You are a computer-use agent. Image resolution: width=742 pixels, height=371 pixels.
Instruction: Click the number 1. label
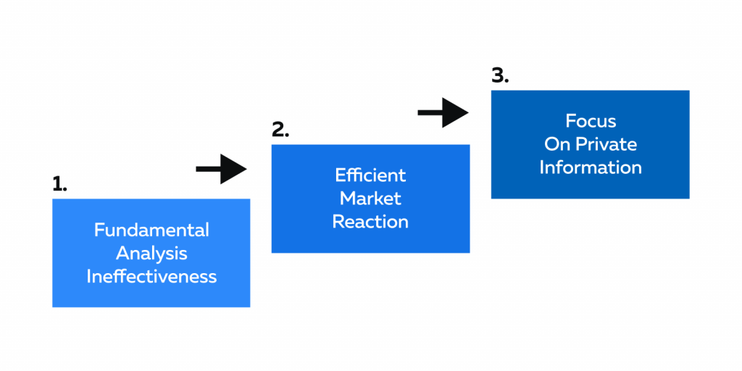[59, 184]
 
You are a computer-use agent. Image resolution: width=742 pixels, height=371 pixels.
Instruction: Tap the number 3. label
[500, 75]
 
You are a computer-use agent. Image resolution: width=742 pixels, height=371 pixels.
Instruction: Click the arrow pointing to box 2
[221, 169]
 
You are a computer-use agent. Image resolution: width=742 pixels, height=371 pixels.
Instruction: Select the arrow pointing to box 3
[443, 112]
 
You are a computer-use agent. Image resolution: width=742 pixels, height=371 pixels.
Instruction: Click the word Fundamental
[151, 230]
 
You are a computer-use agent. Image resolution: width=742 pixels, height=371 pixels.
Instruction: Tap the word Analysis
[151, 253]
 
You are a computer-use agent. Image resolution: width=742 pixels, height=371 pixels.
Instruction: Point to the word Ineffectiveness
[151, 276]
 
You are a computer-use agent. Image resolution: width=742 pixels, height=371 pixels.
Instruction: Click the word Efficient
[370, 175]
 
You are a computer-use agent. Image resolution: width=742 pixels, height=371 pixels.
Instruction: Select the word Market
[370, 198]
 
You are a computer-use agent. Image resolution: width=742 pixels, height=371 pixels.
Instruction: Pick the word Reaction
[370, 221]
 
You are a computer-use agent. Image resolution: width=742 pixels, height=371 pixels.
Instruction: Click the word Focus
[590, 120]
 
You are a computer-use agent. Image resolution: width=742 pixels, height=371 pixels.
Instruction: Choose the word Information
[590, 167]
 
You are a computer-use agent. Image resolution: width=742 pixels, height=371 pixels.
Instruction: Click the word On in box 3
[557, 143]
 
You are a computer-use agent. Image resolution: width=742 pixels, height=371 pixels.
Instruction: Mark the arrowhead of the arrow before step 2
[235, 169]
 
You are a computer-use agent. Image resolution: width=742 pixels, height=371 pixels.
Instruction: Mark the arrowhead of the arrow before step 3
[457, 112]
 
